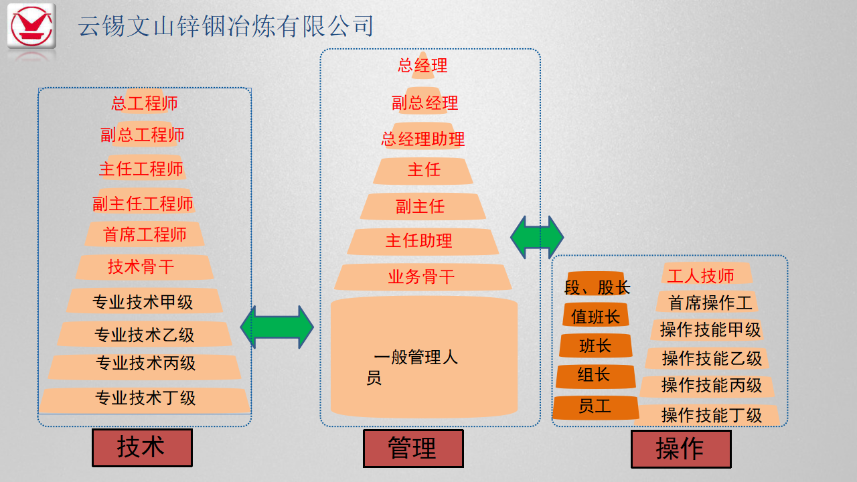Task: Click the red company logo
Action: pos(31,27)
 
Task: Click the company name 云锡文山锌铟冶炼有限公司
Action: pos(225,26)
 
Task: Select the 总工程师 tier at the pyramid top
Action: pos(145,103)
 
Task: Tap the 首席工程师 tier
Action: pos(145,234)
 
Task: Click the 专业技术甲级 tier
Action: pos(143,301)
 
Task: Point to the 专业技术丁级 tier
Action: pos(145,398)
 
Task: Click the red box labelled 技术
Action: pos(142,447)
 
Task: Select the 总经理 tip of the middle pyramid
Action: pos(422,66)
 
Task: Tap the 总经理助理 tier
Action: pos(422,139)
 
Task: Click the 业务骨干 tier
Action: pos(422,276)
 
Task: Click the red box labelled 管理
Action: pos(412,448)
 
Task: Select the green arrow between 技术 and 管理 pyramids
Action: pos(277,327)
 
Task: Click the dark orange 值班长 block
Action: pos(595,316)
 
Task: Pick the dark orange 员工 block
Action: pos(595,406)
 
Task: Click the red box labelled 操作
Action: pos(680,449)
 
